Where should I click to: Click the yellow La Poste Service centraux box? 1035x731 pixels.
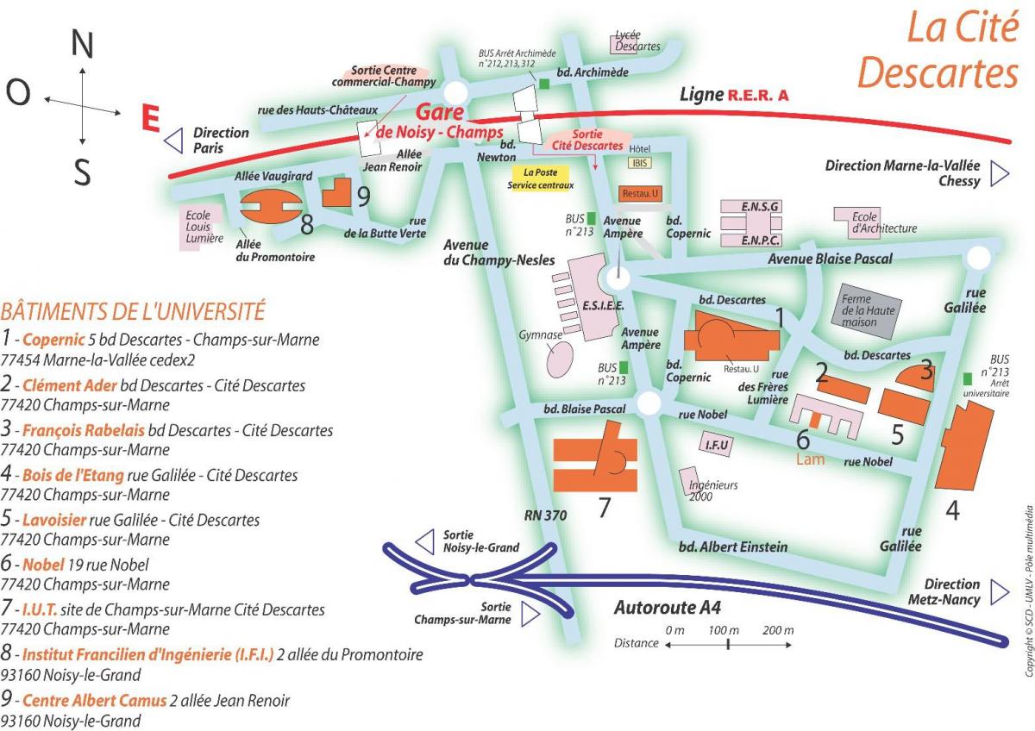click(540, 178)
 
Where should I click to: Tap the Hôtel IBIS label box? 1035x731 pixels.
click(640, 163)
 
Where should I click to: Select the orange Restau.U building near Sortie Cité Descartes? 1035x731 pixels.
click(640, 193)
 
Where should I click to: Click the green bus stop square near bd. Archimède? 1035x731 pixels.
click(544, 84)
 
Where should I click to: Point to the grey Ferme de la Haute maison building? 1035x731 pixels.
click(865, 311)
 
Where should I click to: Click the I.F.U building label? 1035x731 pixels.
click(717, 445)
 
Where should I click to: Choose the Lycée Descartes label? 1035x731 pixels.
click(637, 41)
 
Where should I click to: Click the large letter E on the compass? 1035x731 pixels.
click(151, 118)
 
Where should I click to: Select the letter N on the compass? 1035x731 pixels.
click(82, 44)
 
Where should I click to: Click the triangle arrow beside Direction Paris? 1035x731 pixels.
click(173, 141)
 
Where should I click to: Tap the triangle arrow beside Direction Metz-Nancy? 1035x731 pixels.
click(1000, 591)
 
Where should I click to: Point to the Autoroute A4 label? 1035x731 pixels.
click(668, 608)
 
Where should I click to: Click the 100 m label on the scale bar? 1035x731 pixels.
click(724, 630)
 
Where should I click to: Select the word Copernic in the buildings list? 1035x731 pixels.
click(53, 340)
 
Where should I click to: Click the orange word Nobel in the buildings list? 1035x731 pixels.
click(43, 565)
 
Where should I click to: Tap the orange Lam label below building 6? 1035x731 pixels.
click(810, 459)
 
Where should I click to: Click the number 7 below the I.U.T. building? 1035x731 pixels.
click(605, 507)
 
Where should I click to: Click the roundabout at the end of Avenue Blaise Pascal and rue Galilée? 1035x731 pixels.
click(978, 258)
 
